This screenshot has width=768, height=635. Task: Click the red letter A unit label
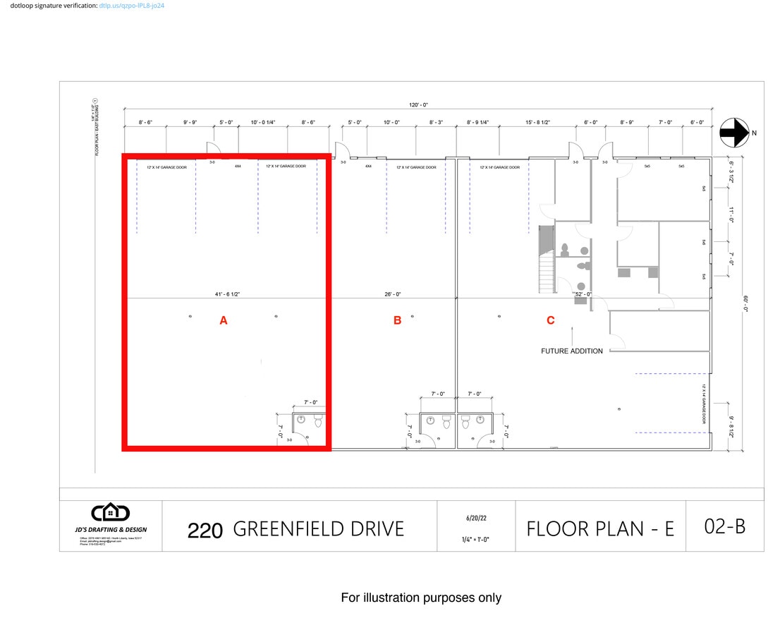coord(224,320)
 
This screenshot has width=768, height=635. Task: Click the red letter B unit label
coord(397,320)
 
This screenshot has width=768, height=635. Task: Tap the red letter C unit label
coord(551,320)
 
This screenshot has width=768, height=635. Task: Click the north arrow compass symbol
coord(734,133)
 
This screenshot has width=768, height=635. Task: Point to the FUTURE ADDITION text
coord(572,351)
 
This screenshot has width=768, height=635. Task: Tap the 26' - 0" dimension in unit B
coord(393,294)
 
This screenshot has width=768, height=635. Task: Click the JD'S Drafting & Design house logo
coord(111,513)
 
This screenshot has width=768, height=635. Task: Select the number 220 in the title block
coord(205,531)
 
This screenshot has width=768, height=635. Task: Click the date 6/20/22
coord(476,518)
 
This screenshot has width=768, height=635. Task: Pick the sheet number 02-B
coord(724,526)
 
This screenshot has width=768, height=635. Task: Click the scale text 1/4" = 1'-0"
coord(476,540)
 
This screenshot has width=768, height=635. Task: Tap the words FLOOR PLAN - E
coord(600,528)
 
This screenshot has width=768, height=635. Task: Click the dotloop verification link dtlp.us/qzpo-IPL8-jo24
coord(132,6)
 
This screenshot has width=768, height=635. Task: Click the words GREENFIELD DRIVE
coord(318,528)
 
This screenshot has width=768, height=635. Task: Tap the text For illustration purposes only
coord(421,598)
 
